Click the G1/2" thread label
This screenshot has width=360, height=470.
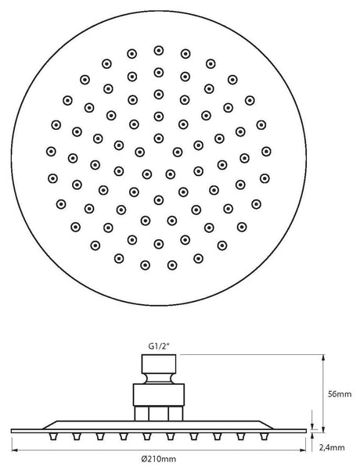pos(159,346)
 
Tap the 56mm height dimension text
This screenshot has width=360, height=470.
pos(340,394)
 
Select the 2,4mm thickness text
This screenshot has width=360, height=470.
pos(332,447)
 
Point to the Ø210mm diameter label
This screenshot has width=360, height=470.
pos(158,458)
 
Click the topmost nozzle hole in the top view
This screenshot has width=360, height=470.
pos(159,50)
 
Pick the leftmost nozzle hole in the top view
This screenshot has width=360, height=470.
pos(52,152)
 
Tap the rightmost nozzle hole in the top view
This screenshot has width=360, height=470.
pos(266,152)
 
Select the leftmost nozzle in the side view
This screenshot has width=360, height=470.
pos(53,437)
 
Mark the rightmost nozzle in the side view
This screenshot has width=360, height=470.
pos(264,437)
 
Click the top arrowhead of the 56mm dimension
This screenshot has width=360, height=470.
pos(323,357)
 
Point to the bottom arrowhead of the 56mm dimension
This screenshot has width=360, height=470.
pos(323,429)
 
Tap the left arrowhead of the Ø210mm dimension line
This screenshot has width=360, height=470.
pos(15,450)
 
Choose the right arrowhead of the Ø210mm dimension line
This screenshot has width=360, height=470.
pos(302,450)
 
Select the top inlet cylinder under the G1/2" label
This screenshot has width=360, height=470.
pos(159,364)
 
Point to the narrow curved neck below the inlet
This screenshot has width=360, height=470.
pos(159,379)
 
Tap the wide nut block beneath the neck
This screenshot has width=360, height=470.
pos(159,395)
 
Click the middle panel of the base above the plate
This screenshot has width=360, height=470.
pos(158,414)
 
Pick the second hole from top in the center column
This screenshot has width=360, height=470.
pos(159,73)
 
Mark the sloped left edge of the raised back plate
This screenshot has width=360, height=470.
pos(50,425)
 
